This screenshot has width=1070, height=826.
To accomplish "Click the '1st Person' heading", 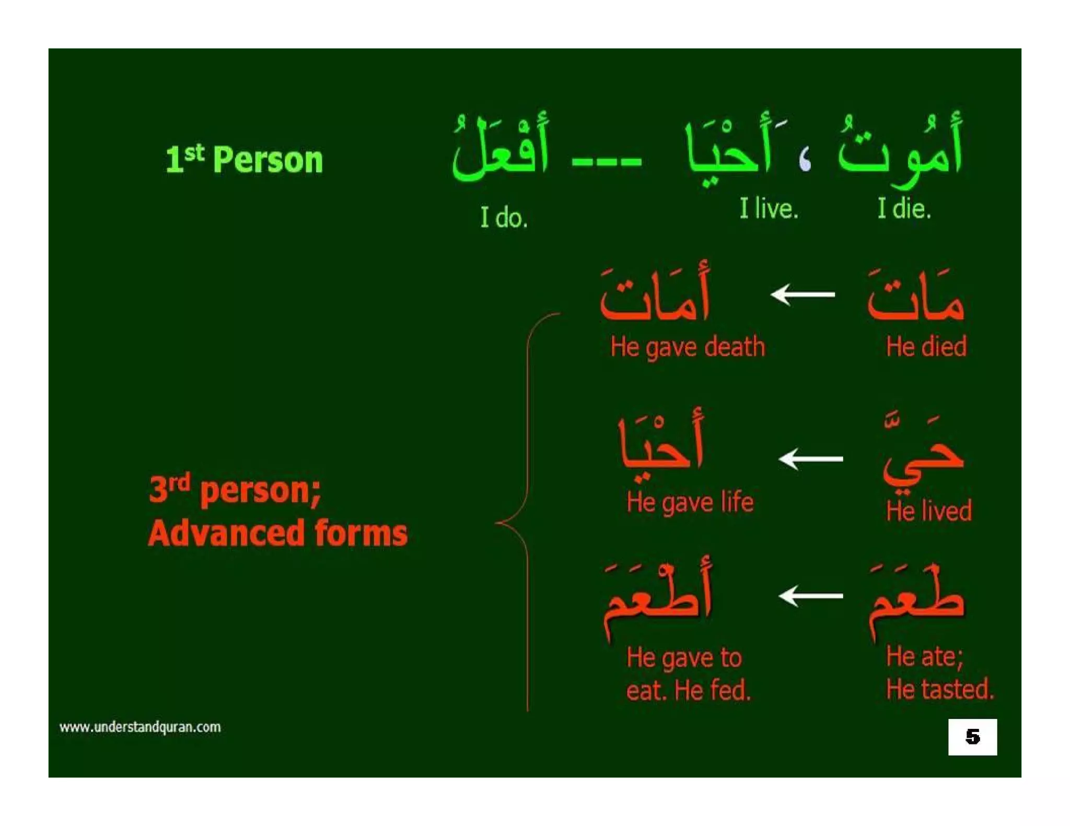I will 244,159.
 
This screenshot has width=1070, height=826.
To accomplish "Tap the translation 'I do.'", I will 504,217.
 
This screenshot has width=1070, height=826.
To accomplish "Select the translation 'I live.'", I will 768,208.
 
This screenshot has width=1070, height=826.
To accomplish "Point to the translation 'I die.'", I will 904,208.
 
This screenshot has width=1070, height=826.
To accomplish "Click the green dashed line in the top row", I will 606,161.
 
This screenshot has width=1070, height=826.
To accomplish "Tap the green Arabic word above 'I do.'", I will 501,149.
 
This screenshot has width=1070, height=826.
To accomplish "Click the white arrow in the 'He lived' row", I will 810,459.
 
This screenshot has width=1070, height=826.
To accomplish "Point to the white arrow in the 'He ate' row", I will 810,596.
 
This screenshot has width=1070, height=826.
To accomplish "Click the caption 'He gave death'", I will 688,347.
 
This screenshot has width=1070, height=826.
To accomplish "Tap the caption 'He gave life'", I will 690,502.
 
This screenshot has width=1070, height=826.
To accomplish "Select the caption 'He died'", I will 926,347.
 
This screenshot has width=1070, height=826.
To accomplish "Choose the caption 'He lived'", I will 928,511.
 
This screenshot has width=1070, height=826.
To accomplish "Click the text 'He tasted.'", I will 939,689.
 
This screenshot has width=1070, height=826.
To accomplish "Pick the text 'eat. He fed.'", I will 688,691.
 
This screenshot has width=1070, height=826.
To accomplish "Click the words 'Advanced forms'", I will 277,533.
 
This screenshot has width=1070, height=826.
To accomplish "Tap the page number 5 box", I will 972,737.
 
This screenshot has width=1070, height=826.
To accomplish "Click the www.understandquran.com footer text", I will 140,727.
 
